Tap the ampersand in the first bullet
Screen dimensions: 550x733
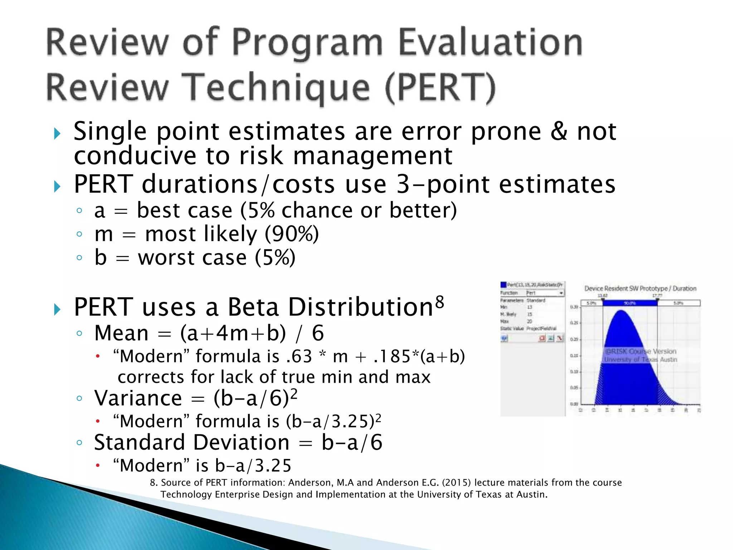(559, 131)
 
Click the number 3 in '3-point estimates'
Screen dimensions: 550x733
(403, 184)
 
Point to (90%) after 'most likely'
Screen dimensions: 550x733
(291, 234)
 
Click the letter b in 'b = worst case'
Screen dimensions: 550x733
(101, 257)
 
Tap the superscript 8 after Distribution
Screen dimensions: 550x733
(440, 302)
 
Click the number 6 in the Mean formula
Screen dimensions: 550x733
(318, 333)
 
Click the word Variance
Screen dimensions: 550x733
(138, 398)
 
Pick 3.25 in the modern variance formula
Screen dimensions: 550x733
(353, 421)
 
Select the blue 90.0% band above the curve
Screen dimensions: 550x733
(630, 303)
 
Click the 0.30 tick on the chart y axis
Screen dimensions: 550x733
(574, 307)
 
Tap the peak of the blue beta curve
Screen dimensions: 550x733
(622, 311)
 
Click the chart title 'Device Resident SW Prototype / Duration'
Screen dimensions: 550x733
(640, 289)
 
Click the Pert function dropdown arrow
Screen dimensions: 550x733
(561, 293)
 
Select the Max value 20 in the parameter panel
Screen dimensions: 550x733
(529, 321)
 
